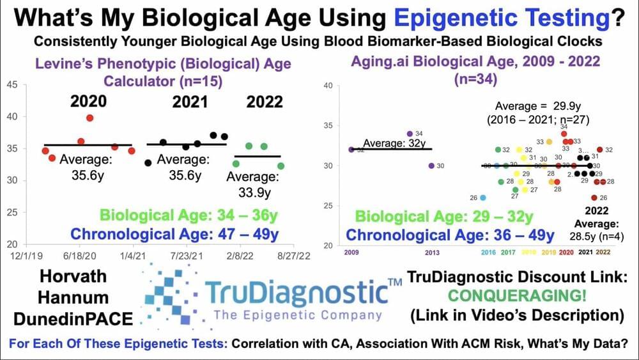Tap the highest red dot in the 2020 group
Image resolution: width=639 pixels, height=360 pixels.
pos(90,118)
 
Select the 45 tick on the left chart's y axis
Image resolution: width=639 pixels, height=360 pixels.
pos(12,85)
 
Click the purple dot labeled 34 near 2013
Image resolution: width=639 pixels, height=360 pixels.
pos(410,134)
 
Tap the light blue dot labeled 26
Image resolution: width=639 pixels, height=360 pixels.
pos(483,198)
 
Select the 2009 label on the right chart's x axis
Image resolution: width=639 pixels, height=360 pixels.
pos(351,253)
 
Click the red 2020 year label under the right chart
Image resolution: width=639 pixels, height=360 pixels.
pos(566,253)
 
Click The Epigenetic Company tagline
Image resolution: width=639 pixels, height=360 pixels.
pos(297,315)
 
